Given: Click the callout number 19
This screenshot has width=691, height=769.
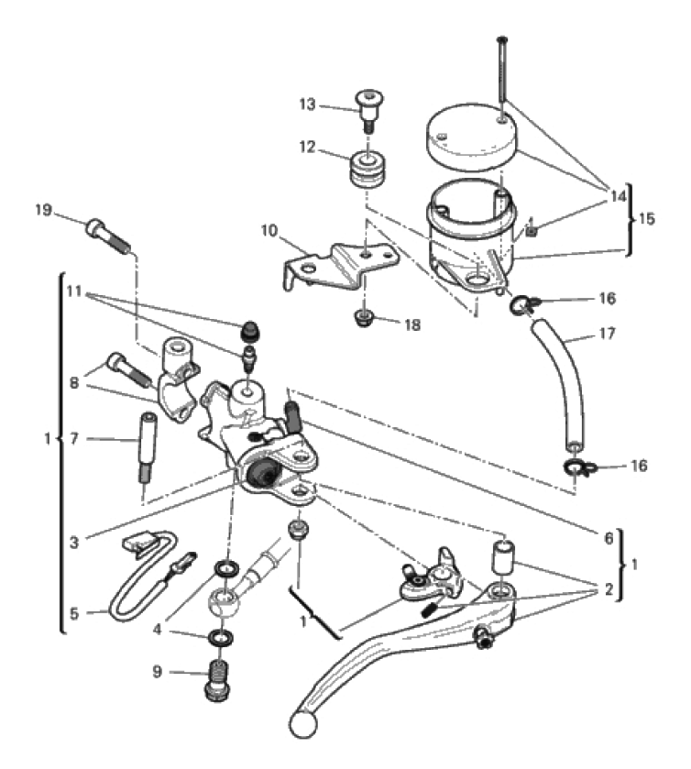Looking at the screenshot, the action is pos(44,211).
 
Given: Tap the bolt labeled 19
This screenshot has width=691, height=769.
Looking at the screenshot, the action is pos(108,236).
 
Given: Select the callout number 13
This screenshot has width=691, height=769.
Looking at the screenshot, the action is pos(308,105).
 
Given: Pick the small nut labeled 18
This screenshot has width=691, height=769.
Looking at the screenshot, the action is pos(363,318).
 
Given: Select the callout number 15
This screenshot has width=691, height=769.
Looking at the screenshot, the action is pos(647,219).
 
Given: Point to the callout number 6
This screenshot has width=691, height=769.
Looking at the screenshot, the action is pos(609,538).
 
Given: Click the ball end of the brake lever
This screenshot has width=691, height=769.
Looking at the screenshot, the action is pos(302,723).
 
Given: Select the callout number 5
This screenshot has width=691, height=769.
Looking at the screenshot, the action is pos(74,613).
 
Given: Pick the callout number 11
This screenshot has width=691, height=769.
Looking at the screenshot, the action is pos(74,291).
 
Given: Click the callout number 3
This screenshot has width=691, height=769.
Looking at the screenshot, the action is pos(74,543).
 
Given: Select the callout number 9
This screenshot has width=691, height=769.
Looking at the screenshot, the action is pos(157,672).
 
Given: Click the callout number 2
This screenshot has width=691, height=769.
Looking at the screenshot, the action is pos(609,589).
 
